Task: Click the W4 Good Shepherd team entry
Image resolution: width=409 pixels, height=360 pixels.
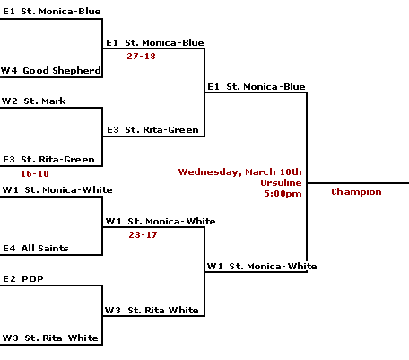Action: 51,71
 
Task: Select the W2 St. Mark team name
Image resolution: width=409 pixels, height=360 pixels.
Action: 33,101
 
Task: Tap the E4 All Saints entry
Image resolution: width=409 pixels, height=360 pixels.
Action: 36,249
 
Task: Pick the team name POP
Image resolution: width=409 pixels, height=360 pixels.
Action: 32,279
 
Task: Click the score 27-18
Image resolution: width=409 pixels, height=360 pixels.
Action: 141,57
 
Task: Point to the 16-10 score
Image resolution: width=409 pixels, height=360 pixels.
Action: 35,174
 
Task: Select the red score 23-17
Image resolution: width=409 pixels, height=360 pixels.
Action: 143,235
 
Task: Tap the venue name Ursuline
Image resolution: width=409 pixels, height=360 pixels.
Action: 281,183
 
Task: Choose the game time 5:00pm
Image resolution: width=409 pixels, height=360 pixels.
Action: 283,194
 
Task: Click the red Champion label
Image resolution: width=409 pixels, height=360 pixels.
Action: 356,192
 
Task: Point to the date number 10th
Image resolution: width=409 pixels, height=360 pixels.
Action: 291,171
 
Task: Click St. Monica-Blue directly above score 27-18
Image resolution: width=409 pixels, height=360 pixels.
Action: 164,43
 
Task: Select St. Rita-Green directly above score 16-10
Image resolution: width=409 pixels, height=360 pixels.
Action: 57,160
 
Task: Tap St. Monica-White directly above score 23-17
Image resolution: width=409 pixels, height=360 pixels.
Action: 171,222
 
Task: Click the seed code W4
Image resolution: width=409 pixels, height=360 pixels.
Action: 9,71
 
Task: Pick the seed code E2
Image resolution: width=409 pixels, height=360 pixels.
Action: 9,279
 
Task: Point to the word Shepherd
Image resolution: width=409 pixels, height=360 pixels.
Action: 76,71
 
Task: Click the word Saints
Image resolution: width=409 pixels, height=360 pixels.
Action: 53,249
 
